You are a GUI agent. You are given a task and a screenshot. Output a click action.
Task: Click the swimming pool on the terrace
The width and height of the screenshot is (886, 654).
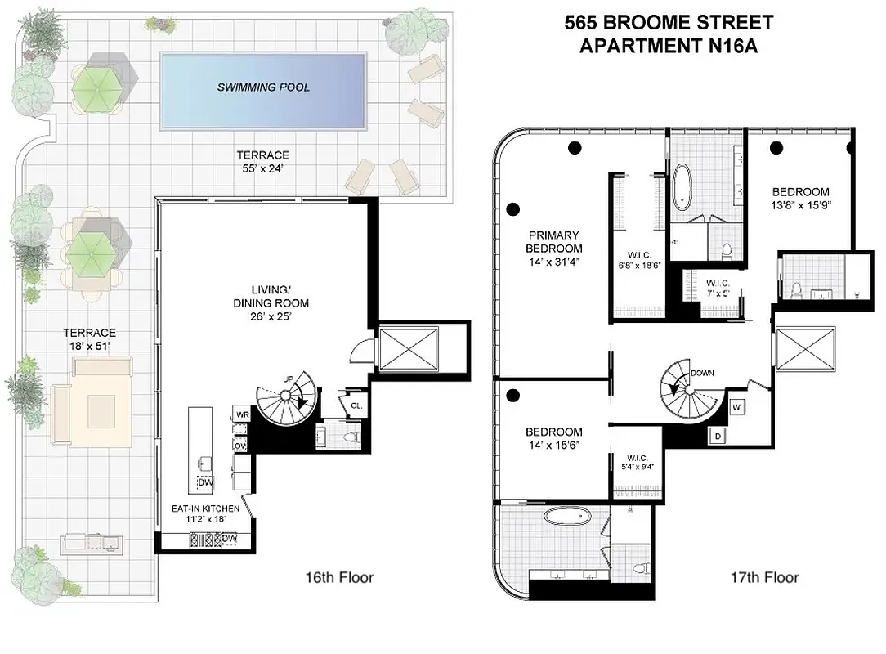pos(262,89)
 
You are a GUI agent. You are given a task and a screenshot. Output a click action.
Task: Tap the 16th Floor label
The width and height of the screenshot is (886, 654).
pos(338,578)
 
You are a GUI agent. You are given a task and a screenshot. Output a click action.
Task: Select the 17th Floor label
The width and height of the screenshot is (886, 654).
pos(764,578)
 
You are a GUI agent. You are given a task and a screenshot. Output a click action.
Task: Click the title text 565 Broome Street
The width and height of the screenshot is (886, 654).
pos(668,23)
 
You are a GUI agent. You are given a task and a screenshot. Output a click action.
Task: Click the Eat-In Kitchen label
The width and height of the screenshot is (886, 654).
pos(205,513)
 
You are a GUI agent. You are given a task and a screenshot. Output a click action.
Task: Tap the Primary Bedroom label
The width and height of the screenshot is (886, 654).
pos(553,249)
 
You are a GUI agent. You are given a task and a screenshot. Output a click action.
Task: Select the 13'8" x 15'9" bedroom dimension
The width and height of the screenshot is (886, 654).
pos(800,206)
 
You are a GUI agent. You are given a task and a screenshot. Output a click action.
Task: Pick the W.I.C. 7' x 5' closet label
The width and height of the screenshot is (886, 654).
pos(723,289)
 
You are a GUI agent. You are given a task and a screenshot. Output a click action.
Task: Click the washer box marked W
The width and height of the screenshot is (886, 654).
pos(736,406)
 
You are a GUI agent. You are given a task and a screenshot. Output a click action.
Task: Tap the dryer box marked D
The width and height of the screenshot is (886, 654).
pos(717,436)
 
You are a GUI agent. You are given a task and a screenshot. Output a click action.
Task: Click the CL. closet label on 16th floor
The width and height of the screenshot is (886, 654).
pos(356,405)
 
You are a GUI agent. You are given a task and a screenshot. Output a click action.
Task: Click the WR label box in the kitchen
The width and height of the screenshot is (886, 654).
pos(242,414)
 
